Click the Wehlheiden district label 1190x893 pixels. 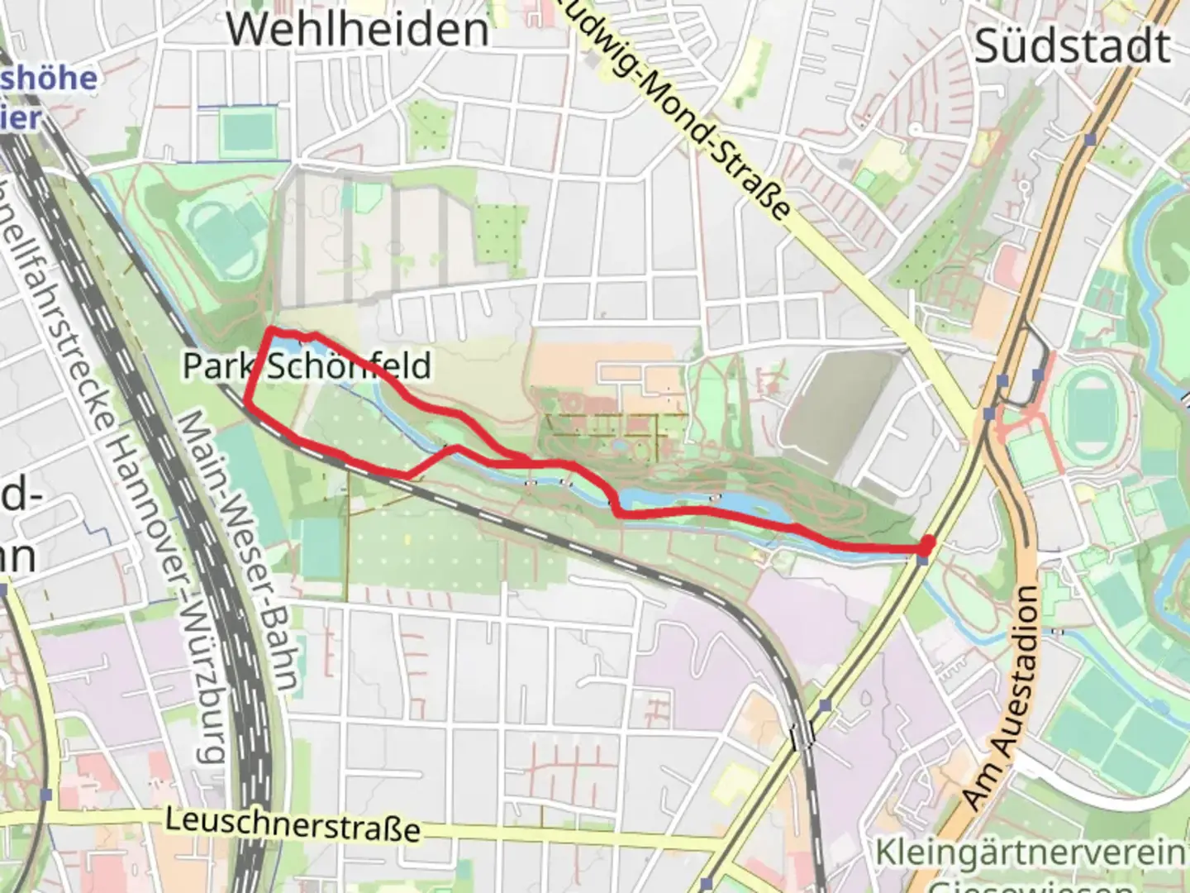[357, 29]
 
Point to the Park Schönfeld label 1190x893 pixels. [307, 365]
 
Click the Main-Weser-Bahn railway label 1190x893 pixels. [239, 550]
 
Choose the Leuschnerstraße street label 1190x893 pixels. [293, 824]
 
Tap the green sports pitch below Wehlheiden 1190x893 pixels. [245, 131]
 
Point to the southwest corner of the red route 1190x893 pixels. [247, 403]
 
